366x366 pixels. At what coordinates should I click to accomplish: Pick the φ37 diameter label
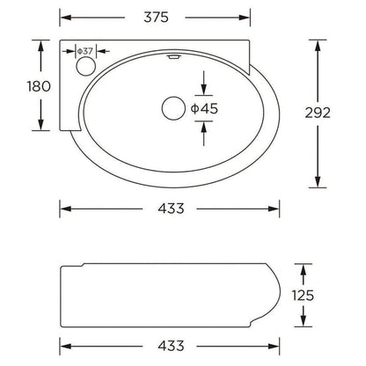pos(85,51)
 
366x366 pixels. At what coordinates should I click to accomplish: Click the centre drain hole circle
pos(171,107)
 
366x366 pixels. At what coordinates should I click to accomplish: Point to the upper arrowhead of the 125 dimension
pos(302,266)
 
